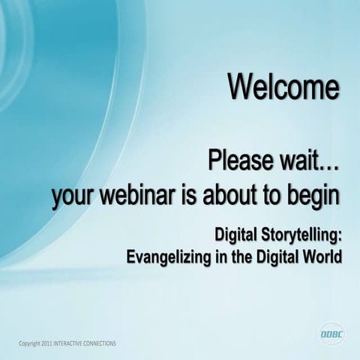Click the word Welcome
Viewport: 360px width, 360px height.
284,88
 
